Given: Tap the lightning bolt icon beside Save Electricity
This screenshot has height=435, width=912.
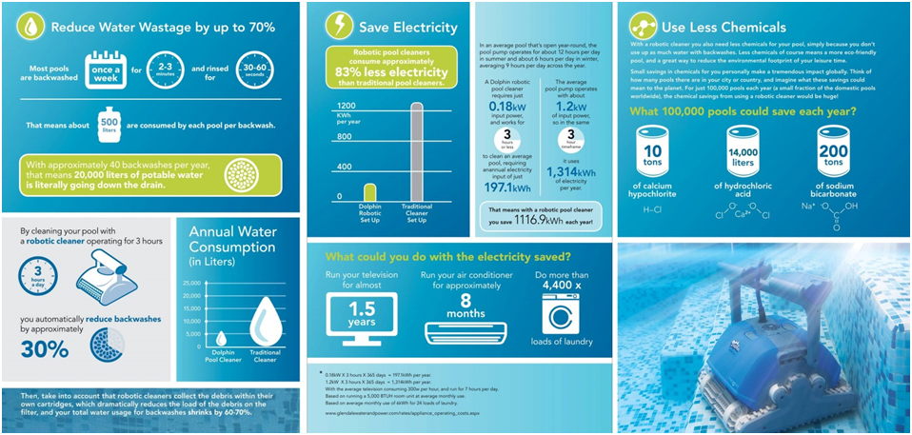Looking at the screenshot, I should coord(338,25).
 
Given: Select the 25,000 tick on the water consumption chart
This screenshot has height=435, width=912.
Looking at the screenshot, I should coord(193,284).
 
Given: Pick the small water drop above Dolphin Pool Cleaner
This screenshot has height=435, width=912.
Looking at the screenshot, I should coord(222,338).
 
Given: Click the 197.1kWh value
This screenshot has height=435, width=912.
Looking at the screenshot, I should coord(507,188).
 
